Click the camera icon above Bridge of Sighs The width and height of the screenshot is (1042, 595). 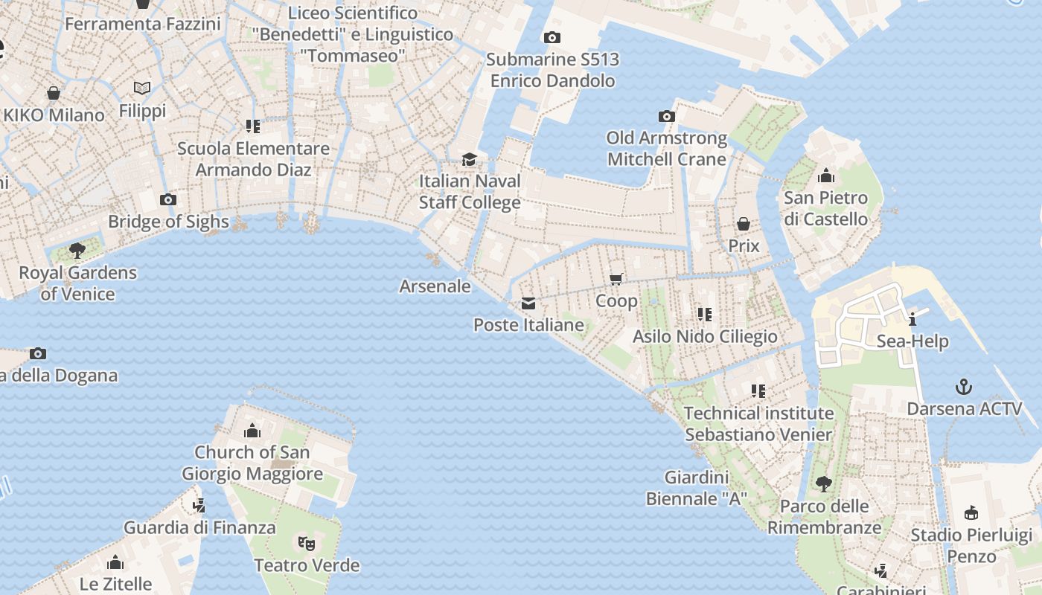[168, 199]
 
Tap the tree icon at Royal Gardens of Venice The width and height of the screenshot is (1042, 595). [77, 250]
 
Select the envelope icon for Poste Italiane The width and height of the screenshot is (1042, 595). [528, 303]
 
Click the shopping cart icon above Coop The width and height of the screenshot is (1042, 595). [616, 279]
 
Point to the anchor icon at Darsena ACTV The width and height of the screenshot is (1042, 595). [964, 387]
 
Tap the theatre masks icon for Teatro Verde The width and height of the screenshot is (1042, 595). [306, 543]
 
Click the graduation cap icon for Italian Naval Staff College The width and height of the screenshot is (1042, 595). [469, 159]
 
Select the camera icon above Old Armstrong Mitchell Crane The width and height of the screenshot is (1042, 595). [667, 116]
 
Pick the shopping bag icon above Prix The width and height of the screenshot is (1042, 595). [743, 224]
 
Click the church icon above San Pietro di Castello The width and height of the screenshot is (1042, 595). [825, 176]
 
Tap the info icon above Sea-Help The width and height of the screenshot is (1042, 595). [912, 320]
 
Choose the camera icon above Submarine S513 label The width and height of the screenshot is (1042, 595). [552, 37]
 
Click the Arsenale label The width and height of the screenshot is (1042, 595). [435, 286]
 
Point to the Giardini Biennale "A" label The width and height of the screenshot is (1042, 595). [696, 488]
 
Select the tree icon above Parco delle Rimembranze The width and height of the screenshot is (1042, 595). [823, 484]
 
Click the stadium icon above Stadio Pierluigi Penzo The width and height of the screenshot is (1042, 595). [971, 512]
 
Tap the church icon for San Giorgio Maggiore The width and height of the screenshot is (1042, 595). [252, 431]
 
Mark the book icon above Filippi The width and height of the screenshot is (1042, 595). [142, 89]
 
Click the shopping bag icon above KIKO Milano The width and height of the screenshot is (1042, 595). [54, 93]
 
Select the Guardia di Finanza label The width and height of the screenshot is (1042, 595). [199, 528]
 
